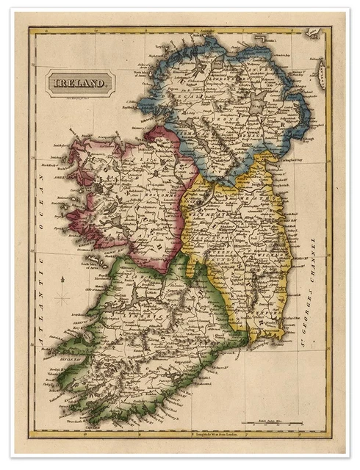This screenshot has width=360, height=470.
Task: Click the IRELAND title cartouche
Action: [x=81, y=83]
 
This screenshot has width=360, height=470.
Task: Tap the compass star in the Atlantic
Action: [x=62, y=298]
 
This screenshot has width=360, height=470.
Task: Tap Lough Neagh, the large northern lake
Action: [x=256, y=106]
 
